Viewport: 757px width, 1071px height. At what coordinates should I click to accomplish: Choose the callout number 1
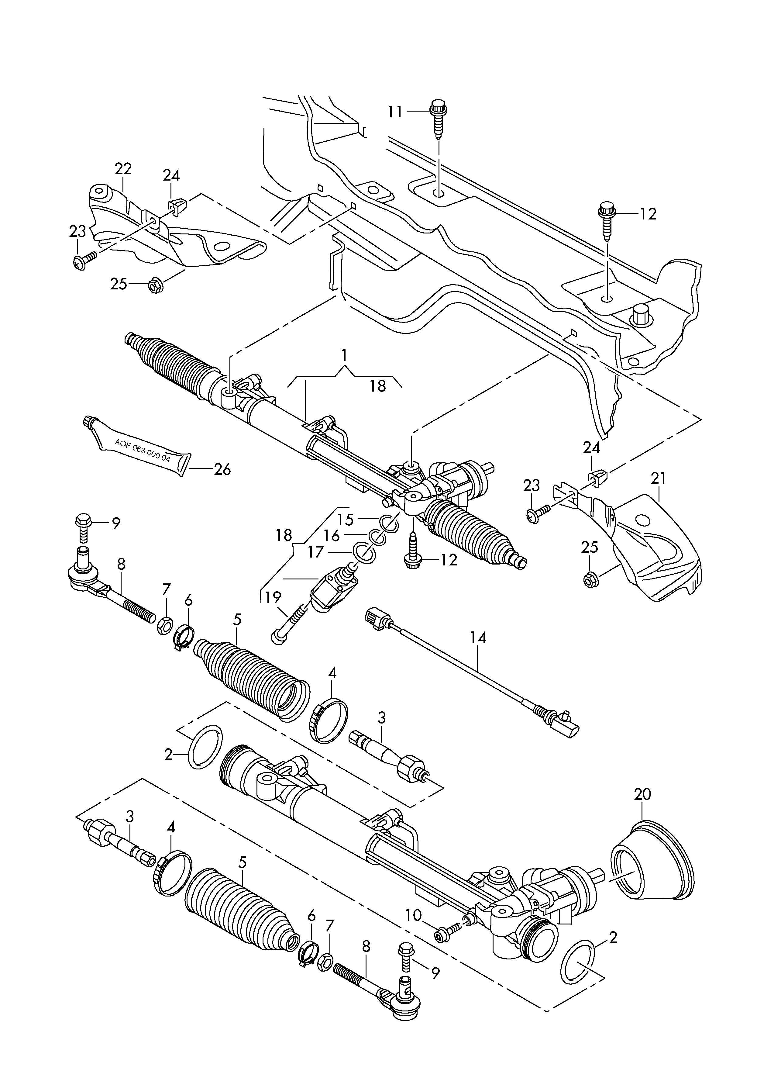coord(344,356)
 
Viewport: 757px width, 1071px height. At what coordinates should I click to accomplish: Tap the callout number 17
coord(315,552)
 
